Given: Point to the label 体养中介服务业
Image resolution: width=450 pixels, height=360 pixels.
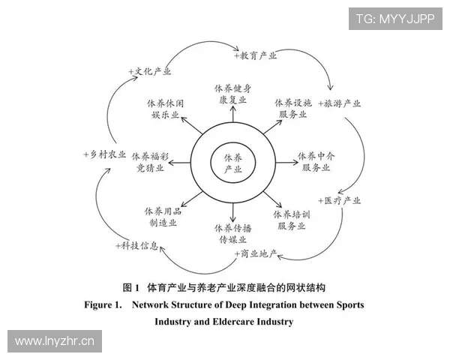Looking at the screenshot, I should click(316, 161).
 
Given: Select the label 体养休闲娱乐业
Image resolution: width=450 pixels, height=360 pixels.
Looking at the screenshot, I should click(164, 108).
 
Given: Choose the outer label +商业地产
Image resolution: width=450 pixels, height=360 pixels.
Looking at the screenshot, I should click(255, 254).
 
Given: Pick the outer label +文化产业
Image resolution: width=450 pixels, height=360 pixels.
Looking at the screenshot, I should click(148, 71).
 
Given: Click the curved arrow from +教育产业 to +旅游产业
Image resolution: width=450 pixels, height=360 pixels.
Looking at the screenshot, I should click(318, 66).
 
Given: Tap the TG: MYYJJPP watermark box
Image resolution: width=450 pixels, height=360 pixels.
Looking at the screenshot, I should click(395, 17).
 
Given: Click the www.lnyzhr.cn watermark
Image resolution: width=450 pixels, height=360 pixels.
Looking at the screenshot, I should click(54, 341).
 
